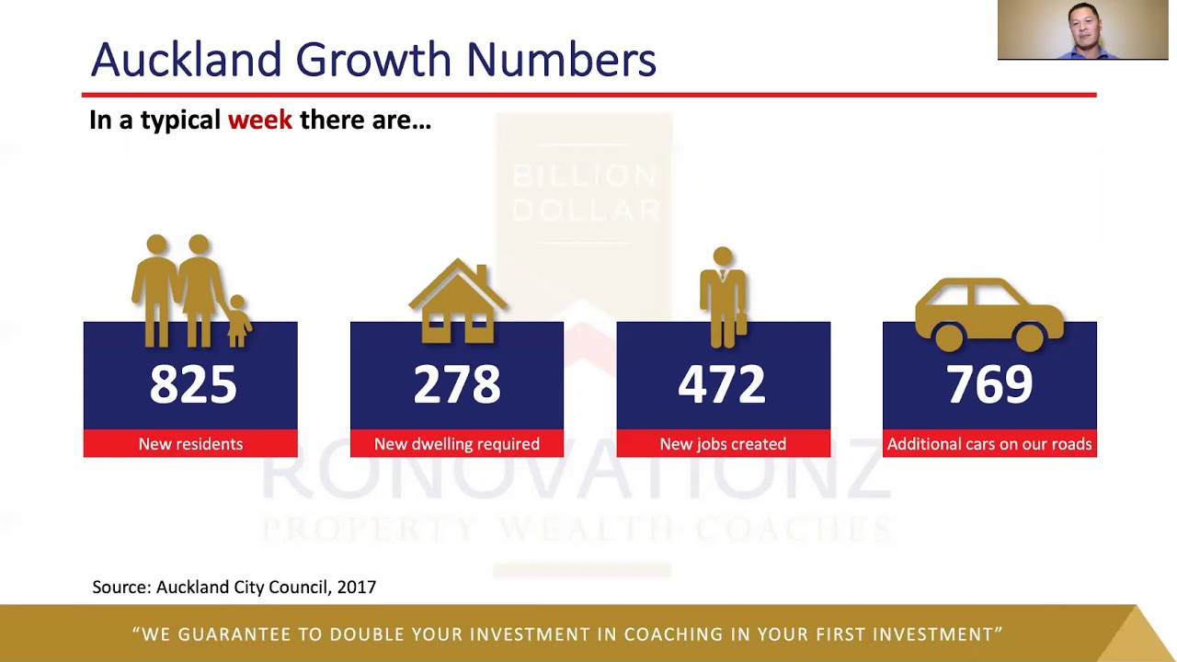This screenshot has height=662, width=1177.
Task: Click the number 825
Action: coord(193,384)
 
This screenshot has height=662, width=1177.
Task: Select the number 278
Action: coord(457,384)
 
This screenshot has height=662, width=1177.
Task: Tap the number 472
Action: coord(722,384)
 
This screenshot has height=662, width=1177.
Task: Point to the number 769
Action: coord(989,384)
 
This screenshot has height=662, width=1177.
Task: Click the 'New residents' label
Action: coord(190,444)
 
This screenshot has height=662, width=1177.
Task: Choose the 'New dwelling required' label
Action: coord(457,444)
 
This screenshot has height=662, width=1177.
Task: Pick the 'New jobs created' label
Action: coord(723,444)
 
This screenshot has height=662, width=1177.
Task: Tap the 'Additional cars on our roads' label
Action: coord(989,444)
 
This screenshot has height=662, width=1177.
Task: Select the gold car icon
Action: coord(989,313)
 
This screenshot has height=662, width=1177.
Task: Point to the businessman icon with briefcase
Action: coord(724,296)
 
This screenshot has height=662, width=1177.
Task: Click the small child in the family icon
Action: coord(238,321)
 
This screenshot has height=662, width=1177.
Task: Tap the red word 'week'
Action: coord(260,120)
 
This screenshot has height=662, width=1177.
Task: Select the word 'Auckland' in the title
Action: coord(187,60)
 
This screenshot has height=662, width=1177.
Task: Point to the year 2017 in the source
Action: coord(357,587)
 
